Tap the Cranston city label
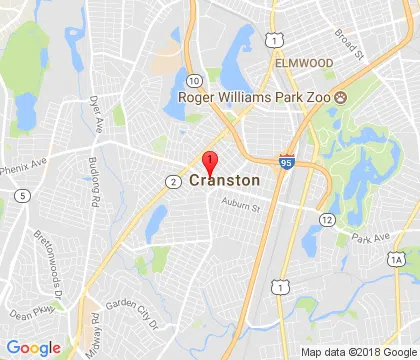[224, 181]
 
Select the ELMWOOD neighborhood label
[304, 62]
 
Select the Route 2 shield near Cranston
[173, 181]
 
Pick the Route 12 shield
[327, 218]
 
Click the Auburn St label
[240, 208]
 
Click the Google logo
[33, 347]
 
